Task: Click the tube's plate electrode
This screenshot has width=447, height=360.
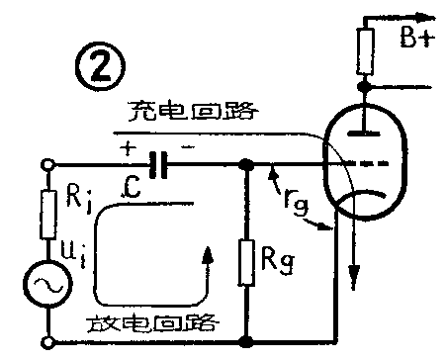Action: pyautogui.click(x=367, y=128)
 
